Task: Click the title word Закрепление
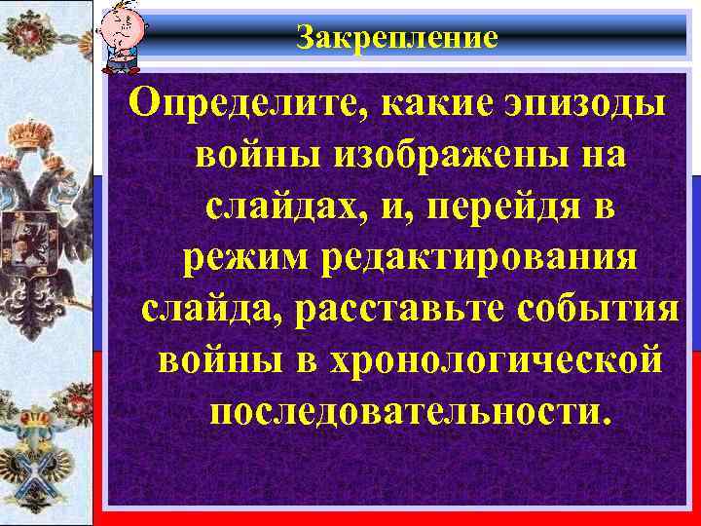[x=396, y=37]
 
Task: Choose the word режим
[x=239, y=258]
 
